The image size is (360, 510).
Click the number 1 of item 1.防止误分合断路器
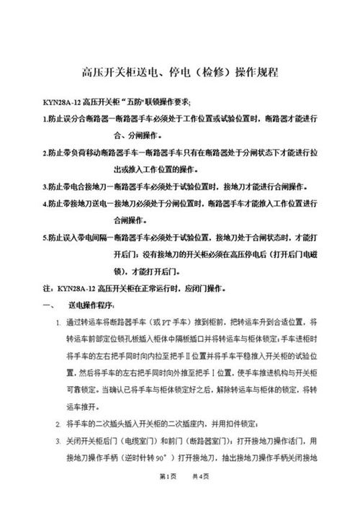pos(45,119)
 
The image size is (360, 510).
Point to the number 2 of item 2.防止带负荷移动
pos(45,153)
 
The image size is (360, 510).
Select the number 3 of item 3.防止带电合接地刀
pos(45,186)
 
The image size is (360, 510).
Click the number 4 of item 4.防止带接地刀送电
pos(45,203)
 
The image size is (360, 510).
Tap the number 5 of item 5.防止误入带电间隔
pos(45,237)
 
